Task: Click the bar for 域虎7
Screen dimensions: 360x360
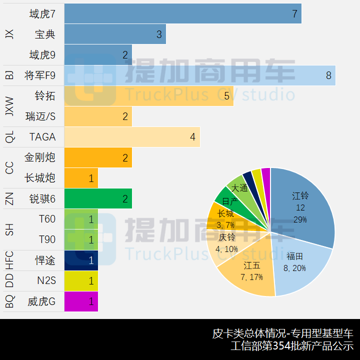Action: tap(182, 13)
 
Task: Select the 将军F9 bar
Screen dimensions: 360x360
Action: tap(199, 75)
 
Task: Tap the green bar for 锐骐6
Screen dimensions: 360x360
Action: tap(98, 198)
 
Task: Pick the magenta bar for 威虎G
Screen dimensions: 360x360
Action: tap(81, 301)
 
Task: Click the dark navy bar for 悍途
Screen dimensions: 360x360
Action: tap(81, 260)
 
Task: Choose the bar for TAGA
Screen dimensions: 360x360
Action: tap(132, 137)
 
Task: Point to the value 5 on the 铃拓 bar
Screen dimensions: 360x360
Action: tap(227, 96)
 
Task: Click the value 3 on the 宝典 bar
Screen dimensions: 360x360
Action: tap(159, 34)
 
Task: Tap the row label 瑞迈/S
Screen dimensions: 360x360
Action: tap(40, 116)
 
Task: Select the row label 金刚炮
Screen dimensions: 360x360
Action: tap(40, 157)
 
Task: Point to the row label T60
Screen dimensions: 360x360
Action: tap(47, 219)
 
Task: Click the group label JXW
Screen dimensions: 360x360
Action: tap(9, 106)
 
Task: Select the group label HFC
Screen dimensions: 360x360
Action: tap(9, 260)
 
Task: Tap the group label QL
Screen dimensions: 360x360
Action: tap(9, 137)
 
